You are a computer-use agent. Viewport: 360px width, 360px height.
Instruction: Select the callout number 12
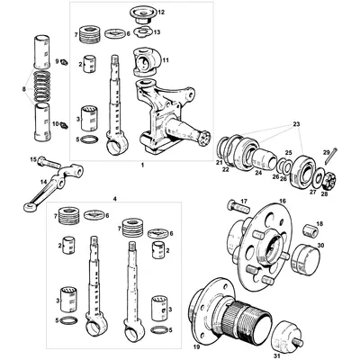(x=162, y=13)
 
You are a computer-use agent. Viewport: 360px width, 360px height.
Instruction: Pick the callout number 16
(x=281, y=203)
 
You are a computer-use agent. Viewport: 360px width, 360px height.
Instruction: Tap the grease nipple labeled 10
(x=65, y=124)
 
